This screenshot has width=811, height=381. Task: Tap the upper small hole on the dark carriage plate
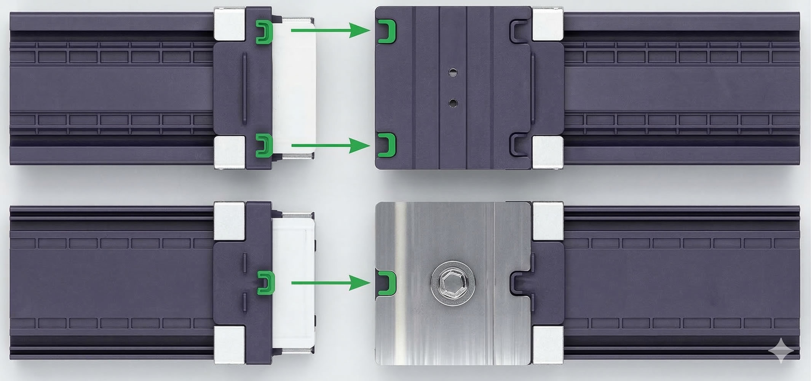452,72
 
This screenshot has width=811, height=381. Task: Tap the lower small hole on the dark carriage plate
452,102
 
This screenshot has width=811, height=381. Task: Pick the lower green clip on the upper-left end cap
263,145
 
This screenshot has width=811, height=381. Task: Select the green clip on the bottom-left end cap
266,283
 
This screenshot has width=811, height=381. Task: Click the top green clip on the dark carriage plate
387,30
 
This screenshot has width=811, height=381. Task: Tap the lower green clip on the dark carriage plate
387,145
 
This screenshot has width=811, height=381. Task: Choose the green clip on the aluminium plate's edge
387,283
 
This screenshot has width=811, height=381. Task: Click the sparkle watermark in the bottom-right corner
781,350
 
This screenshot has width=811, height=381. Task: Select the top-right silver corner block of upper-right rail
548,24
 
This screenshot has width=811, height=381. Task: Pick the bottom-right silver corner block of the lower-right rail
548,344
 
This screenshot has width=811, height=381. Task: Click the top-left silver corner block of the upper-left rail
229,24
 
